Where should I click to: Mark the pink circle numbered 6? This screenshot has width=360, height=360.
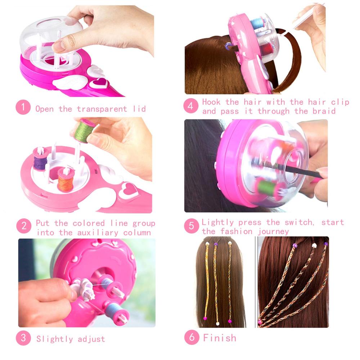tap(191, 337)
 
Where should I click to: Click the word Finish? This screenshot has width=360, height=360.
tap(220, 338)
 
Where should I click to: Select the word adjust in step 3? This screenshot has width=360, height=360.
tap(90, 339)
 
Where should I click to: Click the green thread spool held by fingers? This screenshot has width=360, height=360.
tap(85, 131)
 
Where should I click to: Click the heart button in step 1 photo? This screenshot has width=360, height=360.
tap(98, 84)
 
